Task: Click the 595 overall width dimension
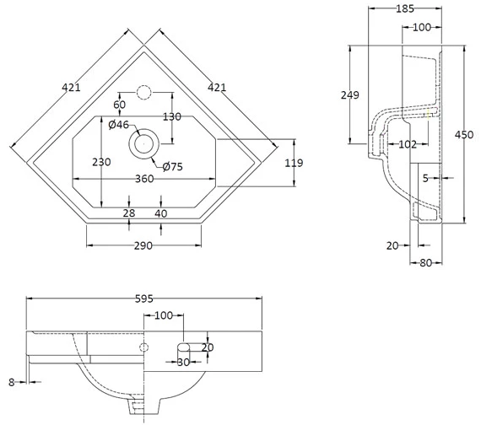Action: coord(143,299)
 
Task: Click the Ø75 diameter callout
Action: coord(173,166)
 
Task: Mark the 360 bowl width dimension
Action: coord(143,180)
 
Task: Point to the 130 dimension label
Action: coord(172,116)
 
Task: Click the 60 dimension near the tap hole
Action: coord(119,105)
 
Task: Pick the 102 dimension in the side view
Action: coord(408,144)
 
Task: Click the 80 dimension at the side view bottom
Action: coord(425,262)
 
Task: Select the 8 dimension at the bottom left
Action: coord(11,382)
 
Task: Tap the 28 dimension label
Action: coord(128,214)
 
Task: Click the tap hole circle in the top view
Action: coord(143,90)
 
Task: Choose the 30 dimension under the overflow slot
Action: coord(183,363)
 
